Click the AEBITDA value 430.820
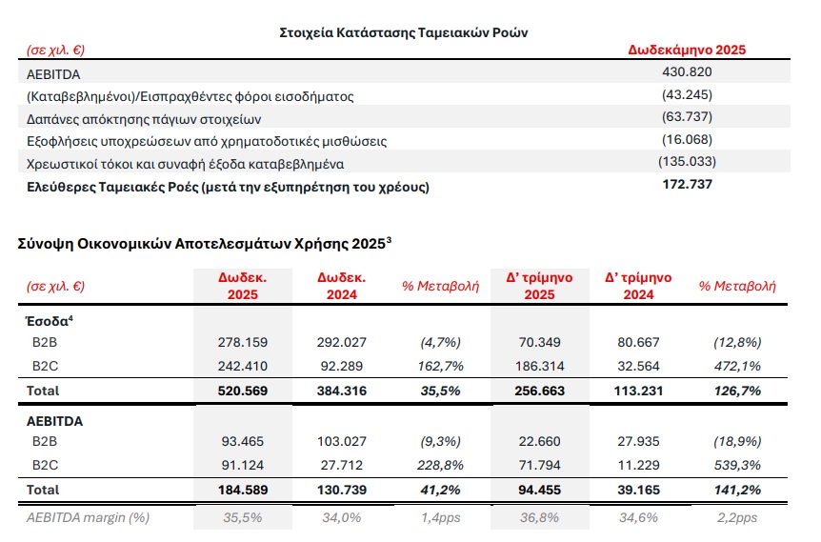(686, 72)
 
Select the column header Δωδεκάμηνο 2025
(686, 50)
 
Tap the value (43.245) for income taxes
(686, 95)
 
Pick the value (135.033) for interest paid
(686, 163)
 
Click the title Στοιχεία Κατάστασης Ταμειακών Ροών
(405, 31)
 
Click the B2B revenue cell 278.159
(243, 341)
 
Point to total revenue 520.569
(243, 390)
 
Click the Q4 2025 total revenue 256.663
(538, 390)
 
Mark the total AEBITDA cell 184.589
(243, 490)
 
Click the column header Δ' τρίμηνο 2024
(638, 286)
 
